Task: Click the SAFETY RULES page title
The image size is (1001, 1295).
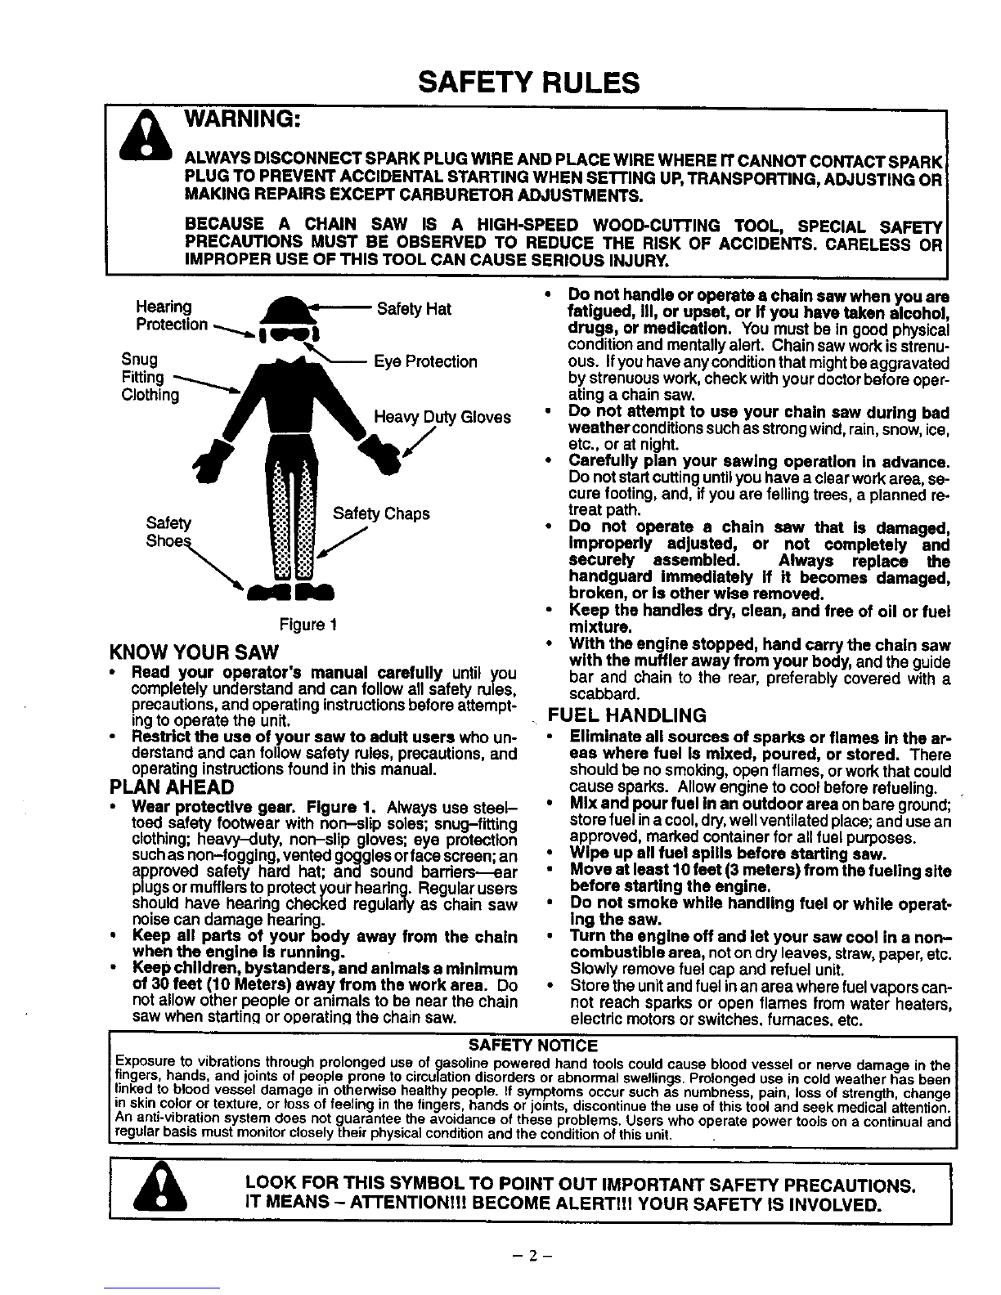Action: point(527,82)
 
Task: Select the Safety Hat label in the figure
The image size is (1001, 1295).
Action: point(413,309)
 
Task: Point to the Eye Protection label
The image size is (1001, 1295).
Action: point(425,361)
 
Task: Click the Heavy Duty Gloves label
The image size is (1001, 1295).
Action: point(442,417)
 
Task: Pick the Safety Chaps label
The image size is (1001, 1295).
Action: point(381,513)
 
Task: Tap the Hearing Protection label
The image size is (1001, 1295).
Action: point(171,316)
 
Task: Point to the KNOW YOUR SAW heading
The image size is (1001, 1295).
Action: point(194,652)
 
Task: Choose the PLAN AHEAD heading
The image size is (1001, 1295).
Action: point(172,787)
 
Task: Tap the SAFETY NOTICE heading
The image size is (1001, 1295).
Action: point(532,1046)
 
